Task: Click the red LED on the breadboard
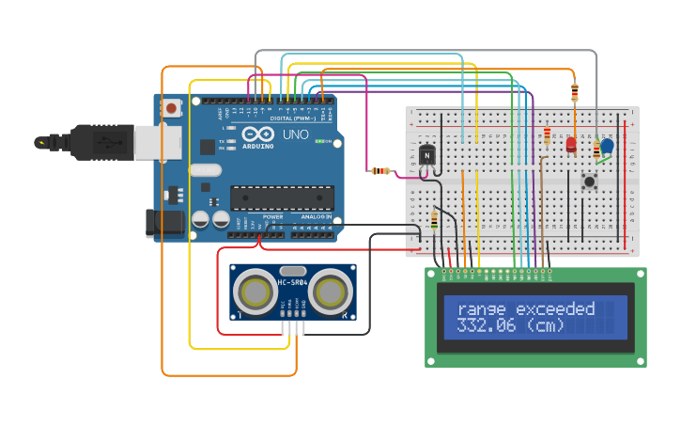[571, 144]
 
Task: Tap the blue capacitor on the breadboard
[607, 147]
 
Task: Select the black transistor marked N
[428, 155]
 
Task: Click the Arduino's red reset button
[171, 108]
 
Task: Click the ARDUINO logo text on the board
[257, 146]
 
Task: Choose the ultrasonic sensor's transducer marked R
[332, 293]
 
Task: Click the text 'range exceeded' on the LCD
[526, 309]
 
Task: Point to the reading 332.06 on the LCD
[488, 326]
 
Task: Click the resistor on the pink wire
[381, 171]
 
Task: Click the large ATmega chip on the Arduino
[283, 197]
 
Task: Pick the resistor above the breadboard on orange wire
[575, 92]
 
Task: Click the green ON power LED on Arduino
[320, 141]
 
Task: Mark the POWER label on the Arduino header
[272, 217]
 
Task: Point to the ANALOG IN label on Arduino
[316, 217]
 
